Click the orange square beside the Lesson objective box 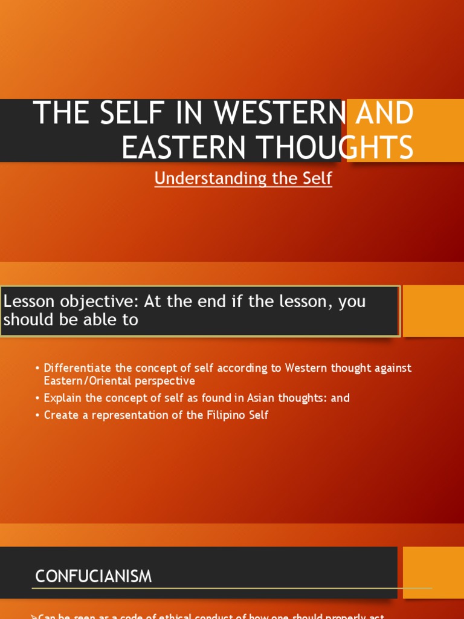pyautogui.click(x=433, y=311)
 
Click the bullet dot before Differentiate pyautogui.click(x=37, y=369)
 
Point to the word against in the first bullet pyautogui.click(x=392, y=368)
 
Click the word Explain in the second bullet pyautogui.click(x=62, y=398)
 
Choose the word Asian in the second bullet pyautogui.click(x=262, y=398)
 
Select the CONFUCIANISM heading pyautogui.click(x=94, y=577)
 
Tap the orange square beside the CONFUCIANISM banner pyautogui.click(x=433, y=572)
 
